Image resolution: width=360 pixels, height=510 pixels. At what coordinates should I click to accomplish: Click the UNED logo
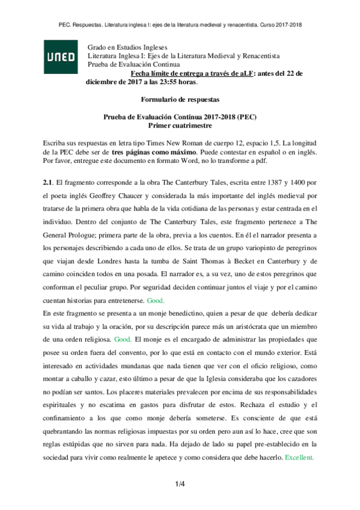point(61,57)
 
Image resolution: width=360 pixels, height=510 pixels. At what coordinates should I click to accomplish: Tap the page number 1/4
point(180,483)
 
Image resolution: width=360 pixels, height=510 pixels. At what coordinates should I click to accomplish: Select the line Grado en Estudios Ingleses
point(127,48)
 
